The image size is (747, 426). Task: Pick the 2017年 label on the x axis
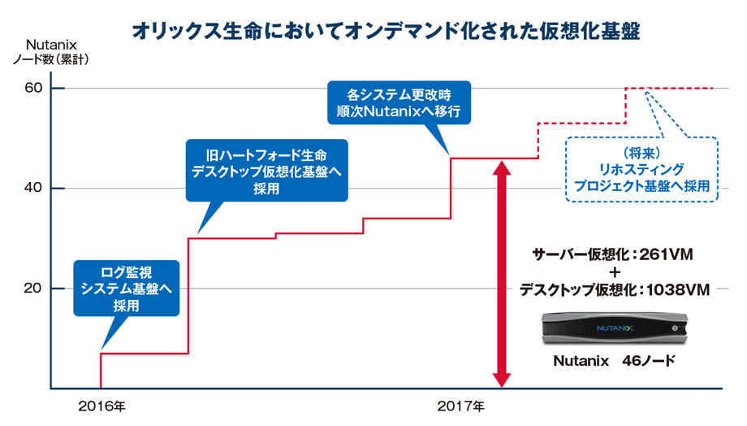click(x=460, y=405)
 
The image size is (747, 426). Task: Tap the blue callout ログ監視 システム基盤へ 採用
click(x=126, y=288)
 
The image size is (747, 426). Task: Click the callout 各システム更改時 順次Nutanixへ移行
click(x=398, y=101)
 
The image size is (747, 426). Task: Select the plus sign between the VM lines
click(x=615, y=272)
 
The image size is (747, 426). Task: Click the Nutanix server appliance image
click(x=614, y=328)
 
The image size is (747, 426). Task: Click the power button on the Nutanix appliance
click(x=675, y=329)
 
